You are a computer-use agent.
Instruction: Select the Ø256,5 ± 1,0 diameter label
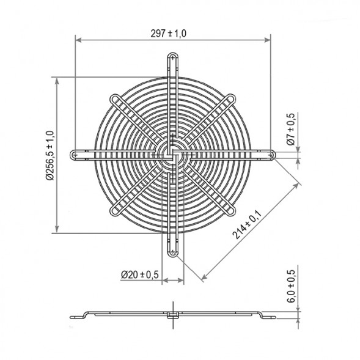point(50,155)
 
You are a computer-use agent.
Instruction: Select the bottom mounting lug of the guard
point(172,250)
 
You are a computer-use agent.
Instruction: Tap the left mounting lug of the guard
point(78,155)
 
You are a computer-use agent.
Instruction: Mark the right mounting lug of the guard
point(268,155)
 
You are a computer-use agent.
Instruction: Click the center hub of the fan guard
point(172,155)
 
